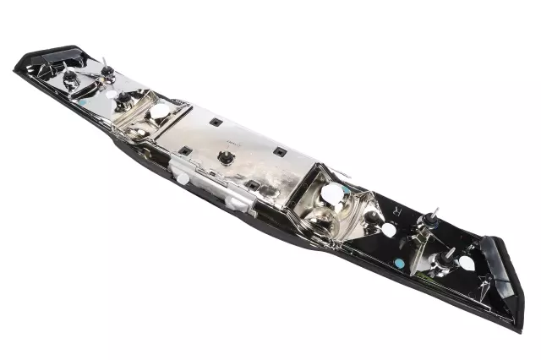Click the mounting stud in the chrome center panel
pos(226,156)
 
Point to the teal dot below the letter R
pos(399,263)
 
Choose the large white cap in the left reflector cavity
pos(158,112)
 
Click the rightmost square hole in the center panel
pos(279,152)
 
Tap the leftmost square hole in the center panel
pos(183,150)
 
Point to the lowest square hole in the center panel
pos(252,183)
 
